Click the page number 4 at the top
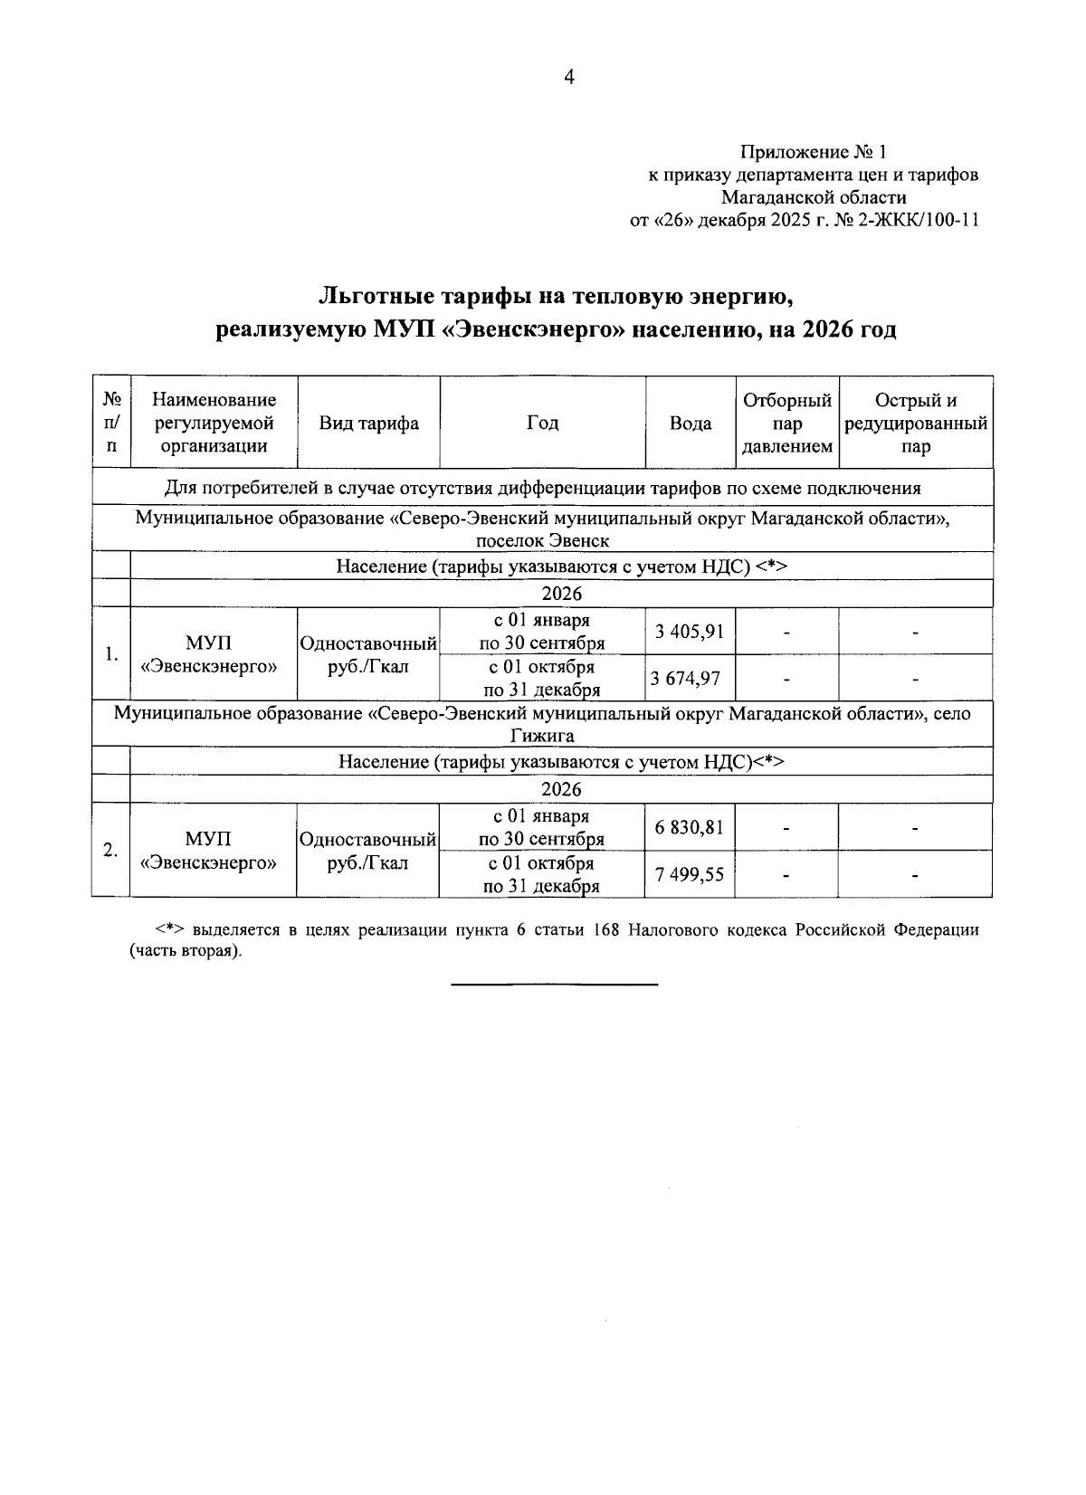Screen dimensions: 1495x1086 [x=568, y=78]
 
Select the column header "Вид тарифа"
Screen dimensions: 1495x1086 [x=368, y=424]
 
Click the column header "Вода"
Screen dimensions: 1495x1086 [x=690, y=424]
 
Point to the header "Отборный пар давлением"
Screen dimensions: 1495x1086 [x=786, y=424]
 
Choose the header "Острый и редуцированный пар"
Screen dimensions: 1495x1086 [x=915, y=424]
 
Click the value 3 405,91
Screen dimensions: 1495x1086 [x=691, y=631]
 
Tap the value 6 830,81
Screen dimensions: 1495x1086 [x=690, y=826]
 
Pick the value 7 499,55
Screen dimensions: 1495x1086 [x=690, y=874]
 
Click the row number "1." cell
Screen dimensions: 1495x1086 [x=110, y=654]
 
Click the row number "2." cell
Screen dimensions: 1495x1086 [x=110, y=851]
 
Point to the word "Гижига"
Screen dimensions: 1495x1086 [x=542, y=736]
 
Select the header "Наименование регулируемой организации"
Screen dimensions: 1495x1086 [x=214, y=424]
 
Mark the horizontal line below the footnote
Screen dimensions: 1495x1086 [x=554, y=984]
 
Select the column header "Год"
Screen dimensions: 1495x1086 [x=542, y=424]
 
